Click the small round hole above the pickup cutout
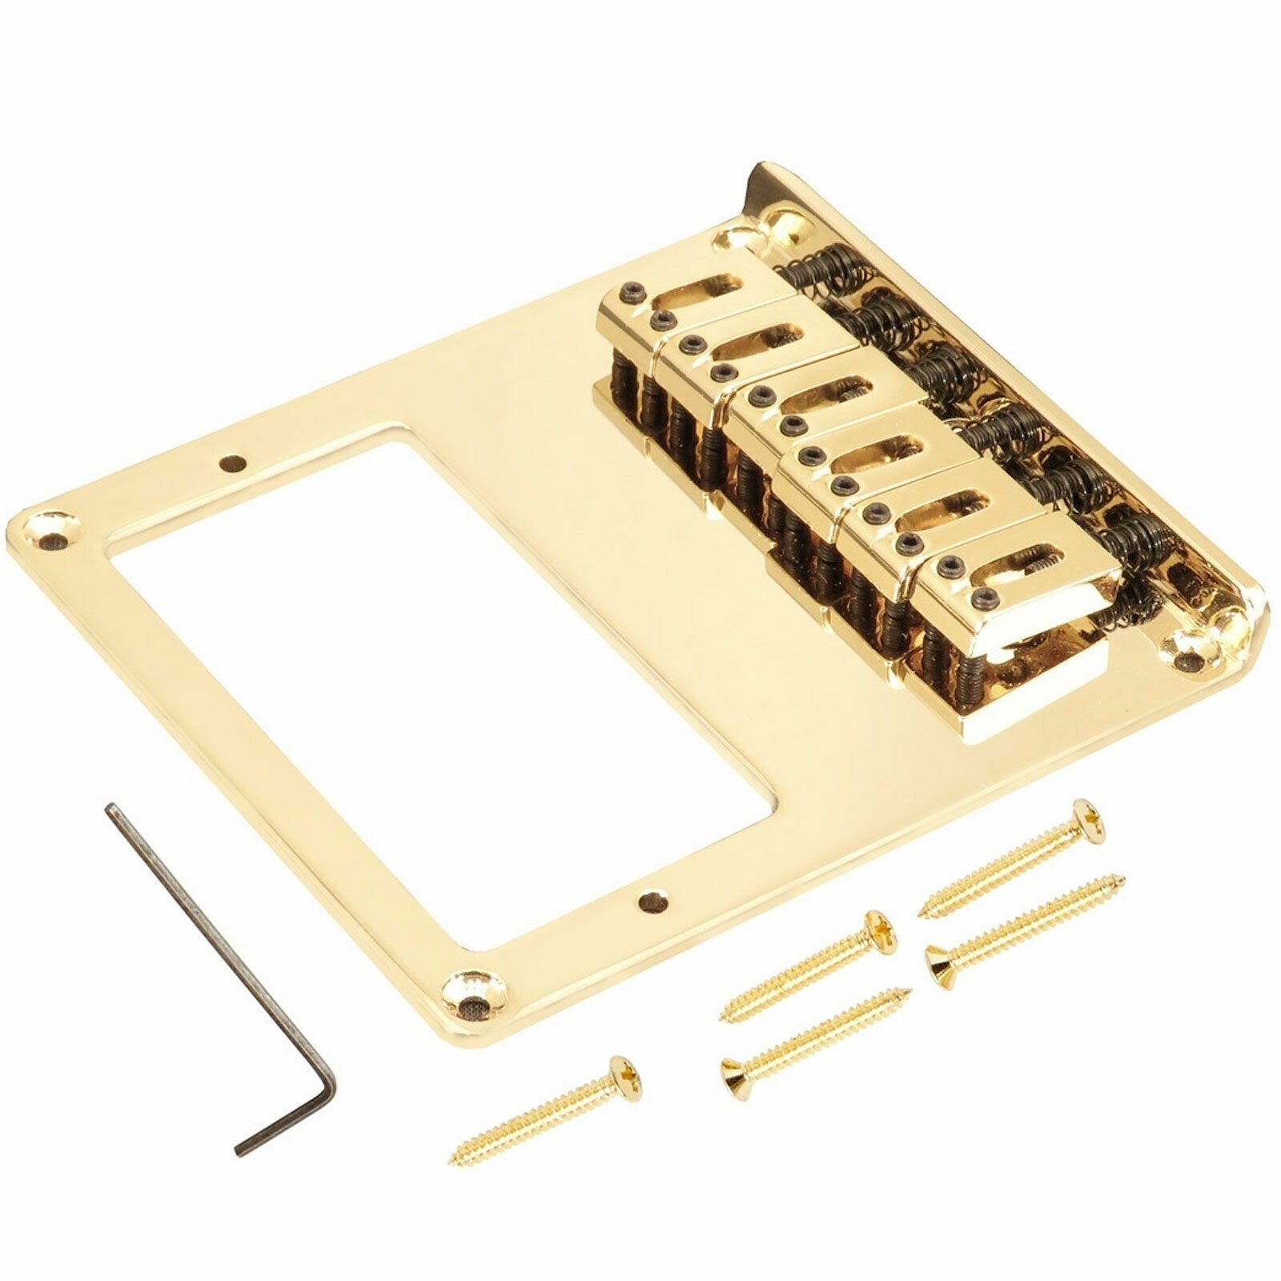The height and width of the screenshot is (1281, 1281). [x=231, y=462]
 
